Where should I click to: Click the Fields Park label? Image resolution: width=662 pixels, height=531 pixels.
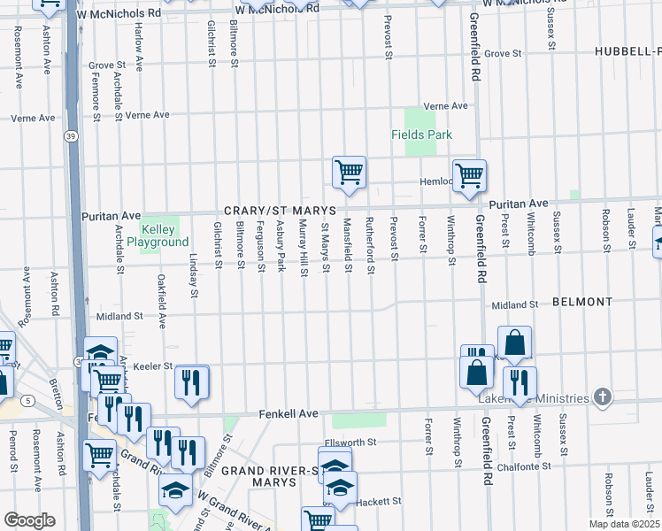coord(422,135)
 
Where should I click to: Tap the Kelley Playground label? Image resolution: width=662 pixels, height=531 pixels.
coord(158,235)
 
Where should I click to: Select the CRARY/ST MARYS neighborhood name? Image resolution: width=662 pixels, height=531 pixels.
coord(280,211)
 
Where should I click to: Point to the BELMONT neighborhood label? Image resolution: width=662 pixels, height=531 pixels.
coord(581,302)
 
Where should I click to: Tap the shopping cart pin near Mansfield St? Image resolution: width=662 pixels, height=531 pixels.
coord(350,171)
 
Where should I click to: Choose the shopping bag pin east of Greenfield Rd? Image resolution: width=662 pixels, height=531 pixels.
coord(514,342)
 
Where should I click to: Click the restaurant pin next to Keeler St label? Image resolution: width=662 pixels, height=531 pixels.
coord(191,381)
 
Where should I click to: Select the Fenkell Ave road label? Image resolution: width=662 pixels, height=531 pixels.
coord(289,414)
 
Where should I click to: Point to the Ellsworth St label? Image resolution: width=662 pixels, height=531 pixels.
coord(350,442)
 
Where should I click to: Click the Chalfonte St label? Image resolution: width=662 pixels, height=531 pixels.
coord(523,465)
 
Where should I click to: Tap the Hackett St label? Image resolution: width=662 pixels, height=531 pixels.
coord(380,501)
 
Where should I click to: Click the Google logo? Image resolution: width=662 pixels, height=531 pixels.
coord(30,519)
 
